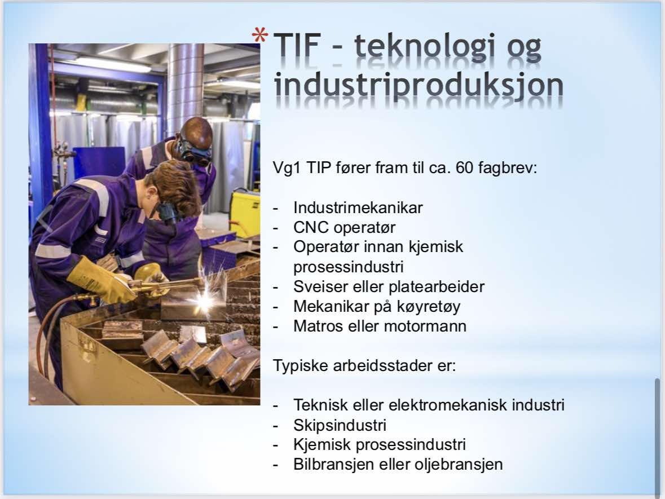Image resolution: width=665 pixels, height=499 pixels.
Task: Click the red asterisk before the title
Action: click(x=259, y=35)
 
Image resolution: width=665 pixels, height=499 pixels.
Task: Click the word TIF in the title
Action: click(x=296, y=46)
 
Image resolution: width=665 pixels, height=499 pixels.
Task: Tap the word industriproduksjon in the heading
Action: click(x=419, y=85)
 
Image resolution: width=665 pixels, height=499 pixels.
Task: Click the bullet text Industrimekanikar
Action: click(x=358, y=207)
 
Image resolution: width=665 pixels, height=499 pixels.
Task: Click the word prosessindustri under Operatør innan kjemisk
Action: click(x=348, y=267)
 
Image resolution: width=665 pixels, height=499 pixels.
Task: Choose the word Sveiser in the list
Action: click(x=317, y=286)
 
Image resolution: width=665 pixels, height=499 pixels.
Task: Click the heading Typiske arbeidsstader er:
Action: click(x=364, y=365)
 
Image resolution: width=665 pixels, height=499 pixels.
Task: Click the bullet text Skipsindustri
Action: click(x=340, y=425)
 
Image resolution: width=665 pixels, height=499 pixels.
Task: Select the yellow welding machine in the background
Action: click(x=245, y=213)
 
